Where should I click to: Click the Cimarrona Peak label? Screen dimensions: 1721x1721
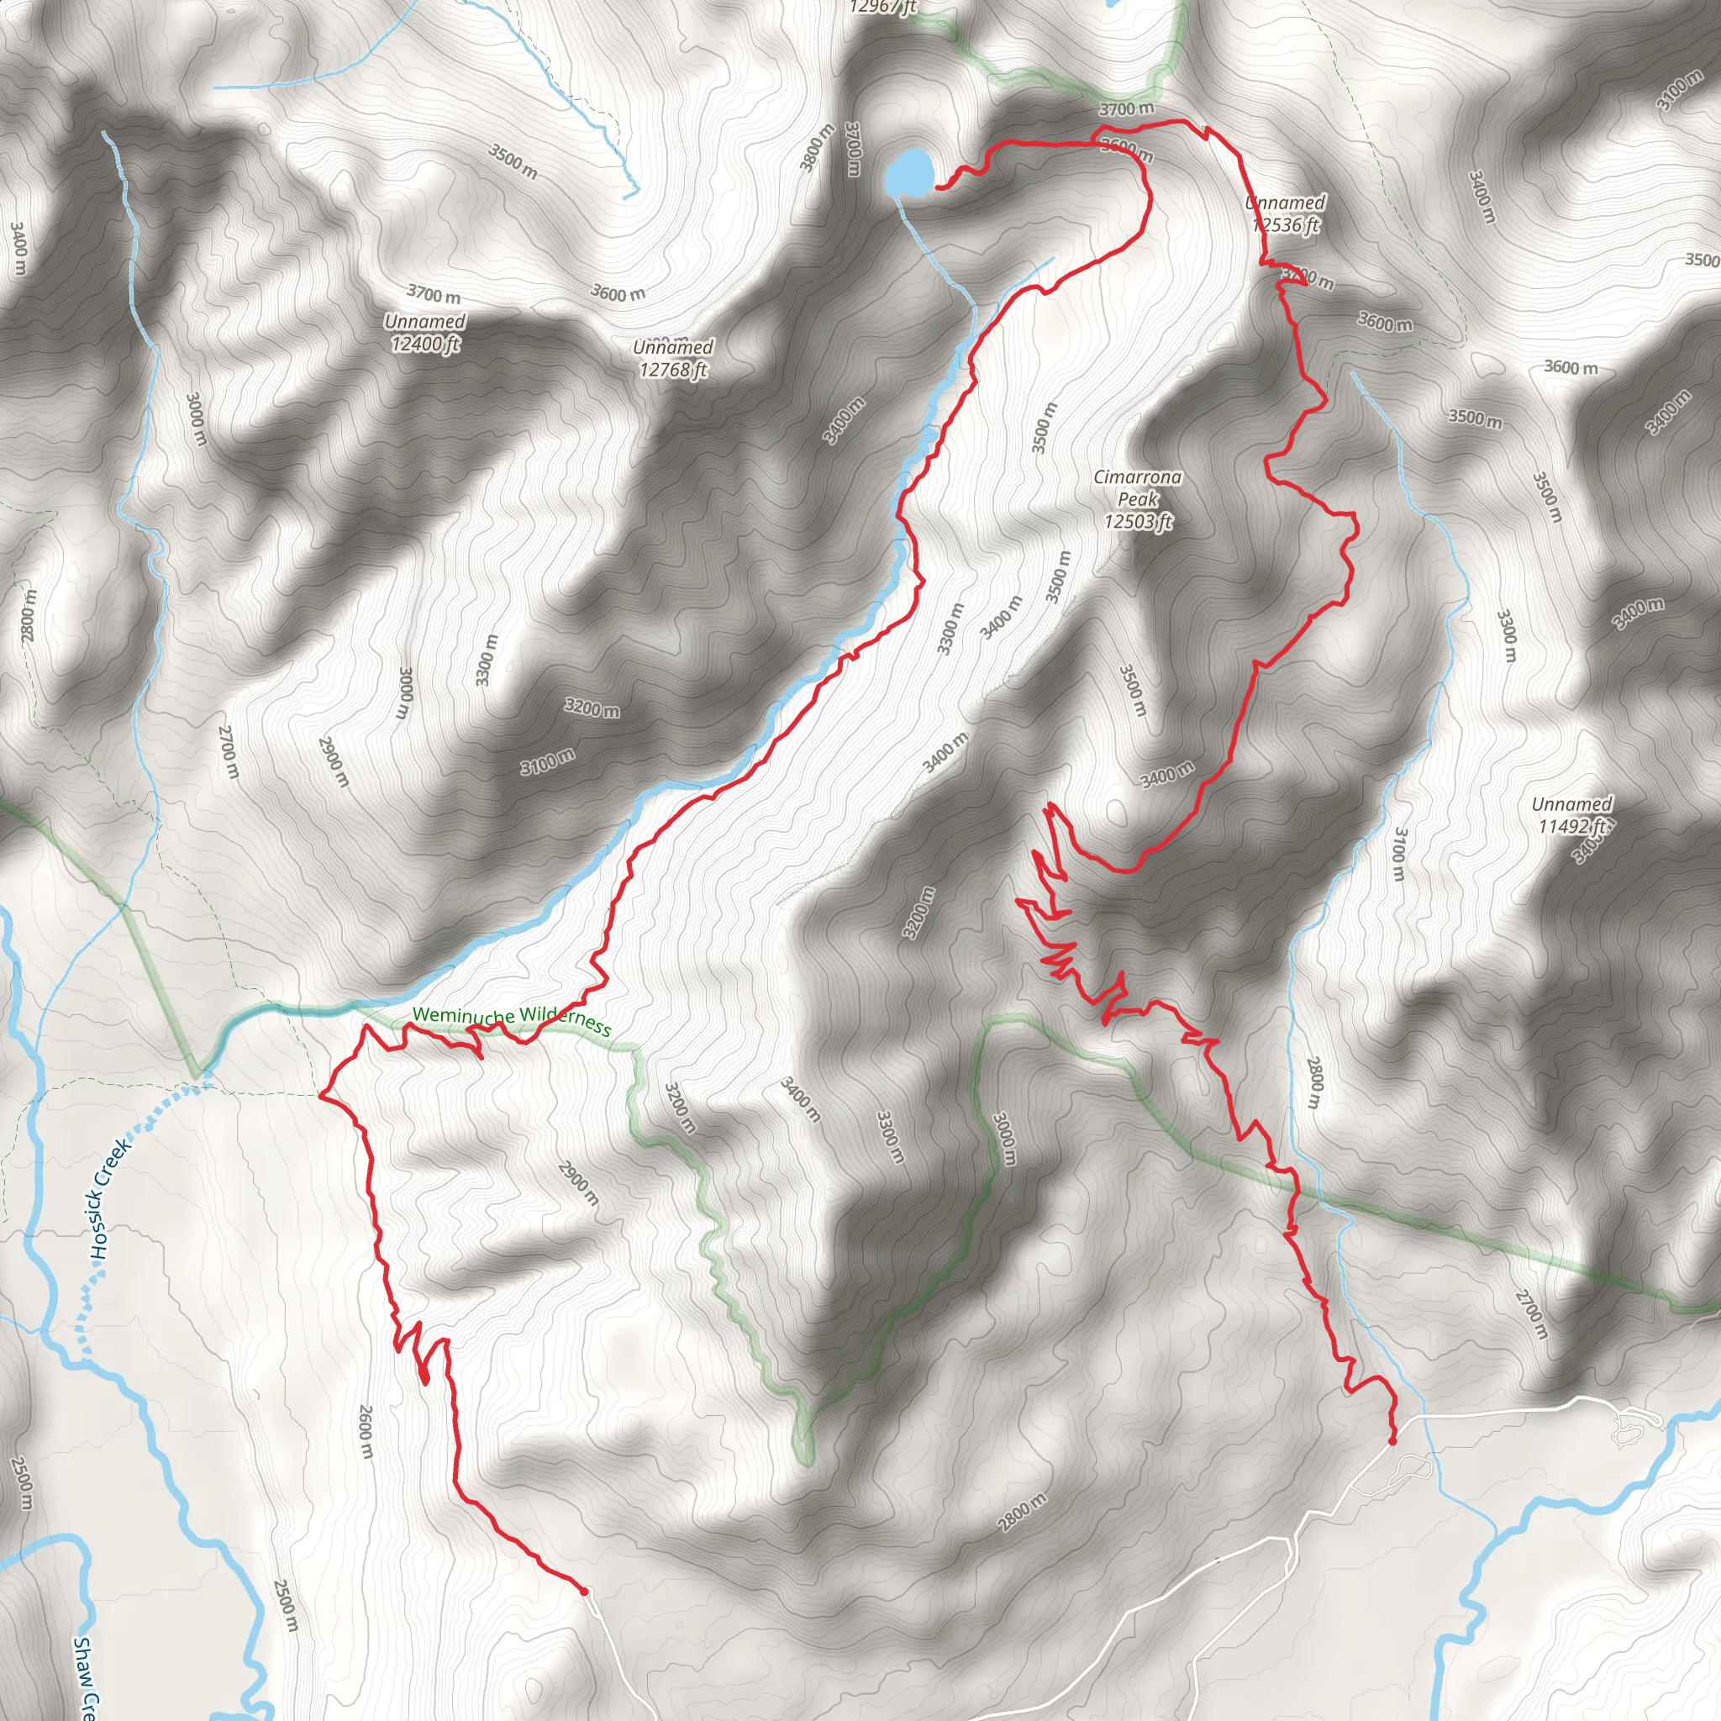click(x=1138, y=488)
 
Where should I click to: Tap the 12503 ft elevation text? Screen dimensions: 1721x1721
click(x=1138, y=522)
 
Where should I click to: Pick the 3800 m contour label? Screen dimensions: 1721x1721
click(x=817, y=147)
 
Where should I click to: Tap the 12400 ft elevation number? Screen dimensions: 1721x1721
click(x=425, y=344)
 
